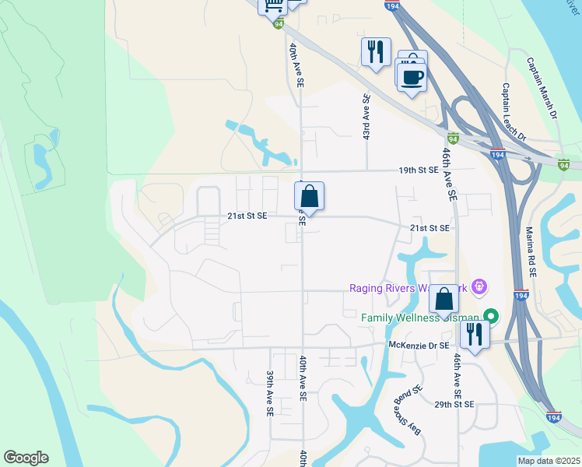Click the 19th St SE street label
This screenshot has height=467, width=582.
[420, 170]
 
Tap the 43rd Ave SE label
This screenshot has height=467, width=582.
[366, 117]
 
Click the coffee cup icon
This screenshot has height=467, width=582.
[412, 77]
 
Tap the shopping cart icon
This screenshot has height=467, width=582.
[273, 6]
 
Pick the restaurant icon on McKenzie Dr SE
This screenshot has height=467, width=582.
[474, 335]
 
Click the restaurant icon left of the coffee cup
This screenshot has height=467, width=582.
[375, 51]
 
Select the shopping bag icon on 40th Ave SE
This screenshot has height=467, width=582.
[309, 197]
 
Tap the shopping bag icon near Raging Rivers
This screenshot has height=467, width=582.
[443, 299]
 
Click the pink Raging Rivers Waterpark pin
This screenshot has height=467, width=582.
[479, 287]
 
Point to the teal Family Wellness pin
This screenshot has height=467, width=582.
[491, 316]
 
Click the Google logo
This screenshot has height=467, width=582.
[26, 458]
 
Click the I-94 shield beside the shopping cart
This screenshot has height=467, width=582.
[279, 24]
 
